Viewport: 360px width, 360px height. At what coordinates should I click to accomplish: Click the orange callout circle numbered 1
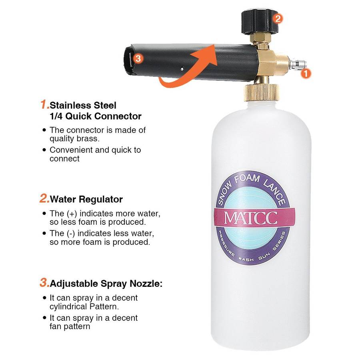(x=306, y=74)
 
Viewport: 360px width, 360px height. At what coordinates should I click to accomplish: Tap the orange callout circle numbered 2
(x=278, y=18)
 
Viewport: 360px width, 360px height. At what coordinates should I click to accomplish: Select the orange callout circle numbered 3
(x=138, y=58)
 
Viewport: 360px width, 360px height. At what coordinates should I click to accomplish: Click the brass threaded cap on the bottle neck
(x=262, y=92)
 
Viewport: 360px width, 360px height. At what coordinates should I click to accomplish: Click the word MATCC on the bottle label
(x=251, y=218)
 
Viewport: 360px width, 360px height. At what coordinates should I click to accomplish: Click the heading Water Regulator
(x=86, y=199)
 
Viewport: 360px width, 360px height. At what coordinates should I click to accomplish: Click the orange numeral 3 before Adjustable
(x=44, y=282)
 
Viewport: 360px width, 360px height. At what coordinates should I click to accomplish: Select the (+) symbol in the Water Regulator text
(x=72, y=214)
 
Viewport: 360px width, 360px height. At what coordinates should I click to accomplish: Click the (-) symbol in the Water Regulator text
(x=71, y=234)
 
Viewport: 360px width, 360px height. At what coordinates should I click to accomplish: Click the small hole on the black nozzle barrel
(x=182, y=69)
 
